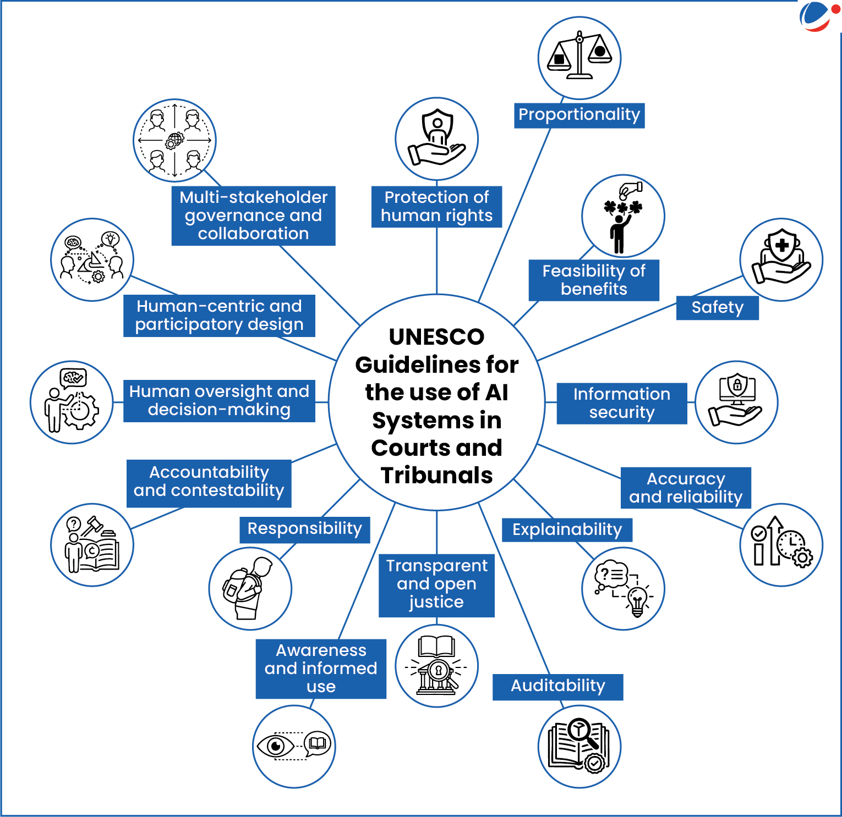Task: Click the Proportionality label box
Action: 579,115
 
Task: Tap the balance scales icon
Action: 579,57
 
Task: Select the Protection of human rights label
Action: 436,206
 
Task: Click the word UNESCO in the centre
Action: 436,336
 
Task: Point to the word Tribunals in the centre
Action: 436,476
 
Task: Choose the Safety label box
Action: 717,307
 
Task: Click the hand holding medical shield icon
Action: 781,260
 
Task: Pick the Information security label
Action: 622,403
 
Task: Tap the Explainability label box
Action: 567,529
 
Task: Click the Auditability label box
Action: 557,686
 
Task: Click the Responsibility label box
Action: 304,529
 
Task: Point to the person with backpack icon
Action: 250,588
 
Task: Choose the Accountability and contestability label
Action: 209,482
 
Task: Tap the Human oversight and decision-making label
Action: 219,401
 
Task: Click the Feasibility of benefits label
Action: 594,280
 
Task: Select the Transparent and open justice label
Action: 436,584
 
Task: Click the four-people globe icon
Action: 174,140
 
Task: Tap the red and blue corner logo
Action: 818,16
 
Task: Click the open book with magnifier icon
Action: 579,746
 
